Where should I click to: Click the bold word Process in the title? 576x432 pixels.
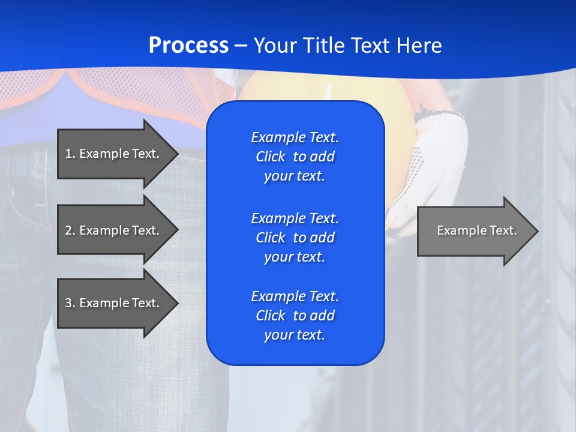(x=188, y=46)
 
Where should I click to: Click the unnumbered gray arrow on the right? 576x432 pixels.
(x=474, y=230)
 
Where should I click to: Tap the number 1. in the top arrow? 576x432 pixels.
(x=70, y=154)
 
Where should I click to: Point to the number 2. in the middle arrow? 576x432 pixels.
(x=70, y=230)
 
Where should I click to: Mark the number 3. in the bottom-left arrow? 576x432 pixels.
(x=70, y=303)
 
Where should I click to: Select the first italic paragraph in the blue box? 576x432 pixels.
(x=295, y=157)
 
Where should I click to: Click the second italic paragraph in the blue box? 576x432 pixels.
(x=295, y=238)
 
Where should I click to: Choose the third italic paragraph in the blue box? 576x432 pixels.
(x=295, y=316)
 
